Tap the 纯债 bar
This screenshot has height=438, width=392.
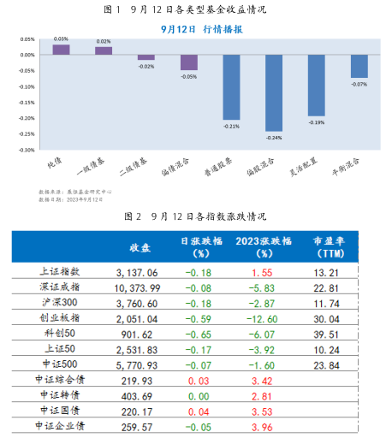tap(61, 50)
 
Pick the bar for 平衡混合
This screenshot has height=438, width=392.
tap(359, 66)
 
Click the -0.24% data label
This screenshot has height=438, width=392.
tap(274, 137)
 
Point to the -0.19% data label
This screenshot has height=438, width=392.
tap(317, 121)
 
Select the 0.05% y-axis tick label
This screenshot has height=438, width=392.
tap(27, 39)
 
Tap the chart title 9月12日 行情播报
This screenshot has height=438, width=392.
tap(202, 28)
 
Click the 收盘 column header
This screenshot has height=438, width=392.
tap(140, 247)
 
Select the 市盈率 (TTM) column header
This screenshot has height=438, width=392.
tap(329, 247)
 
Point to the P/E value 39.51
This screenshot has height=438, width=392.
tap(329, 334)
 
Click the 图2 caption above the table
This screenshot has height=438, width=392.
tap(196, 215)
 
